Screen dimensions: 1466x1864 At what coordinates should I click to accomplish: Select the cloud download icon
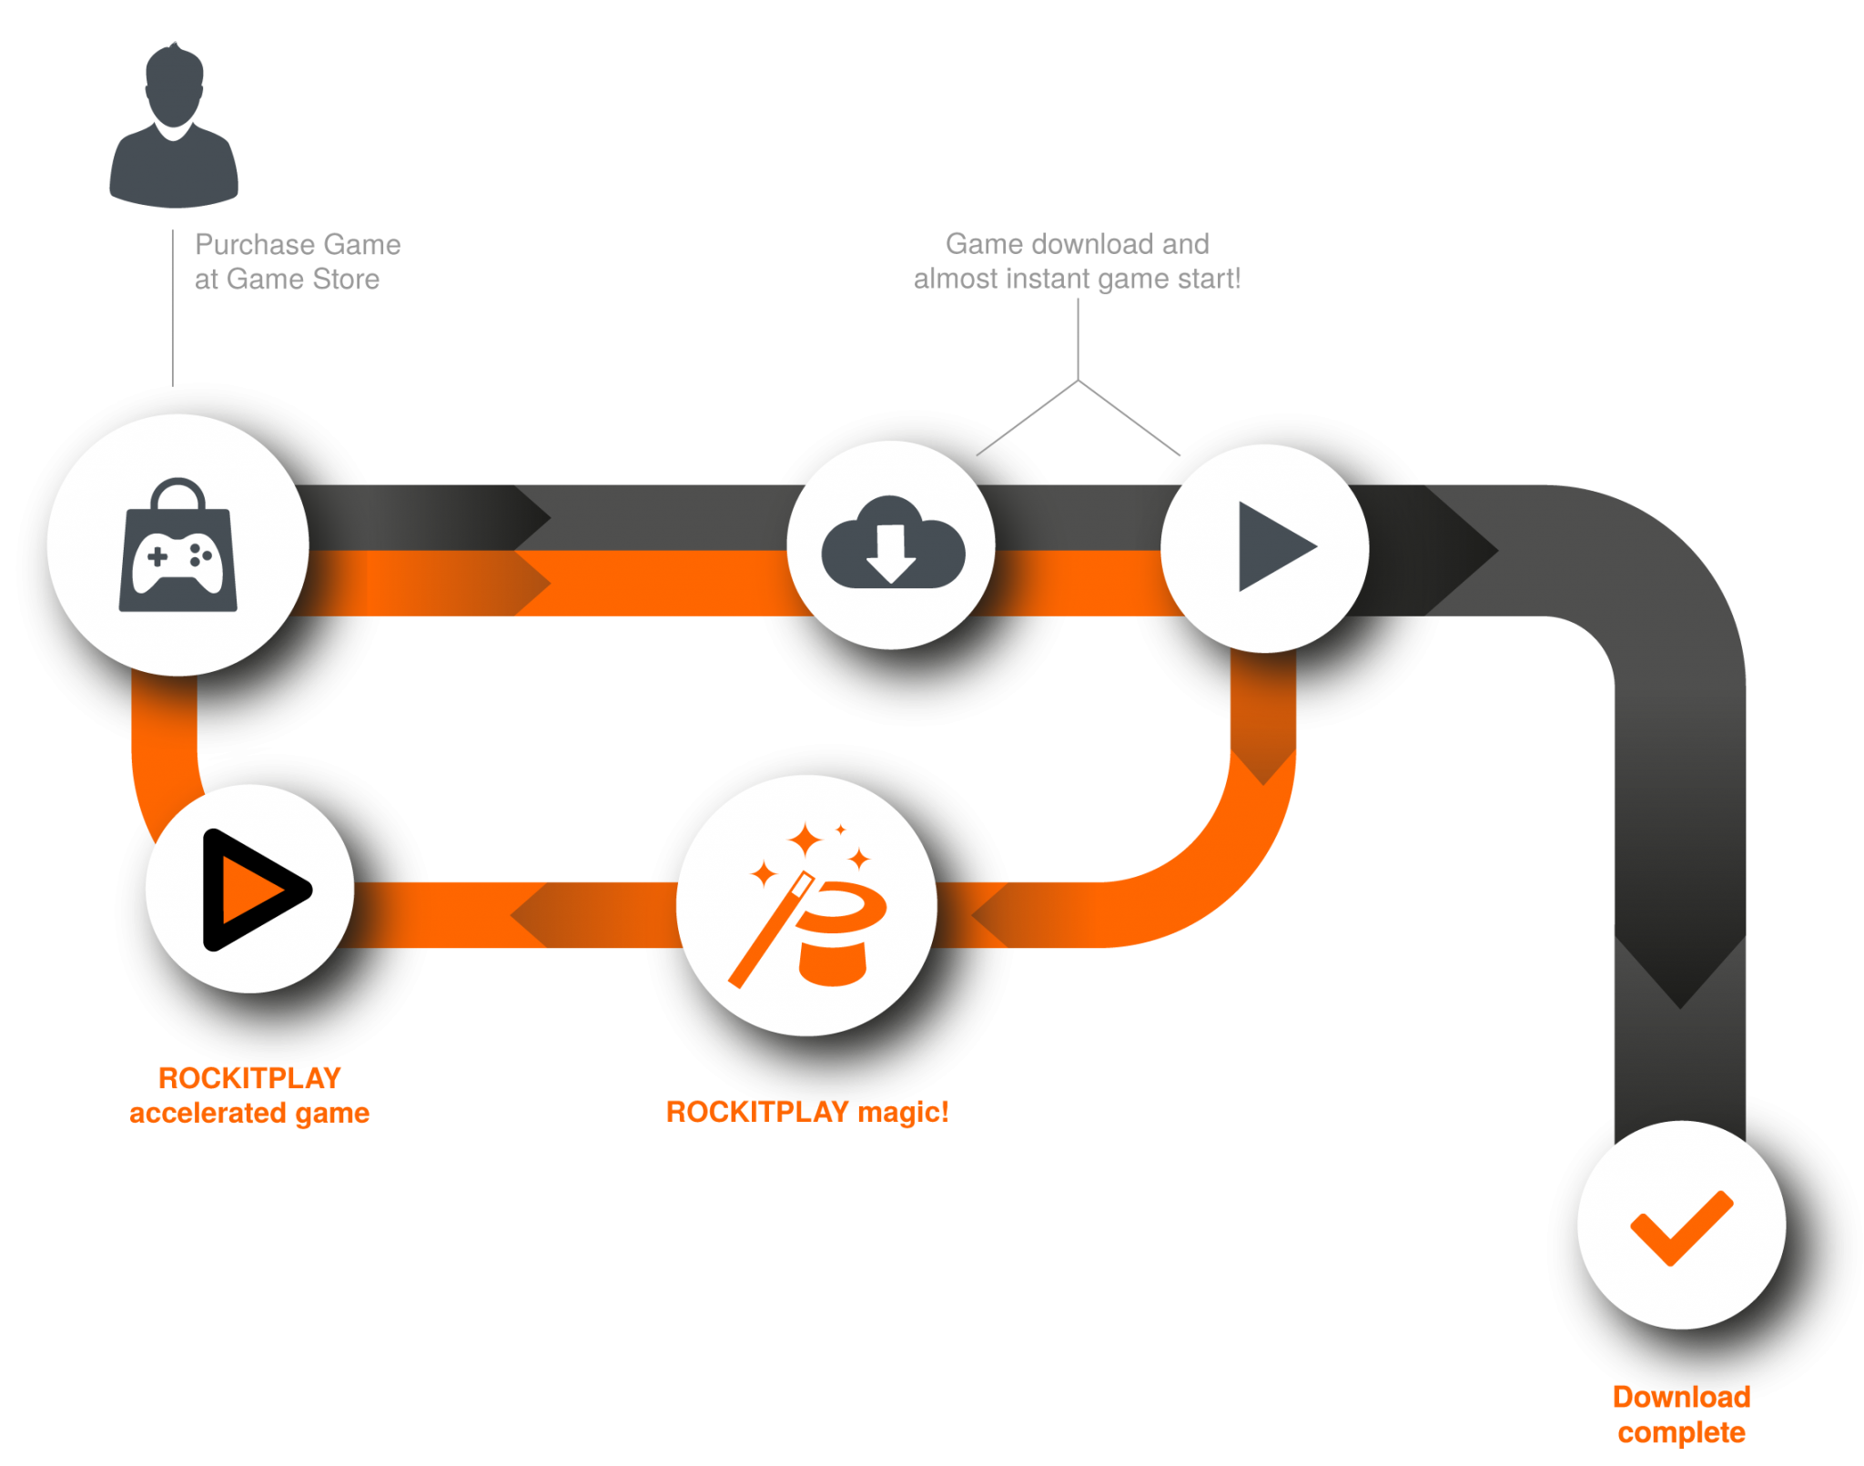tap(892, 544)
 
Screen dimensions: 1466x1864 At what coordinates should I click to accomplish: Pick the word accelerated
tap(208, 1113)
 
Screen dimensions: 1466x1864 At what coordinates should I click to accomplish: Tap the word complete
tap(1681, 1432)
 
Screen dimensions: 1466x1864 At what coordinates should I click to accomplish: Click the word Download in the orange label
tap(1681, 1397)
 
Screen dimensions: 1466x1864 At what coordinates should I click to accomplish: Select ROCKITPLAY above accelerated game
tap(249, 1078)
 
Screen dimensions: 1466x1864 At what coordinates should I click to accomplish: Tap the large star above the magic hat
tap(805, 839)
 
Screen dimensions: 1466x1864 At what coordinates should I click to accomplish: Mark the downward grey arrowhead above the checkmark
tap(1680, 979)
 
